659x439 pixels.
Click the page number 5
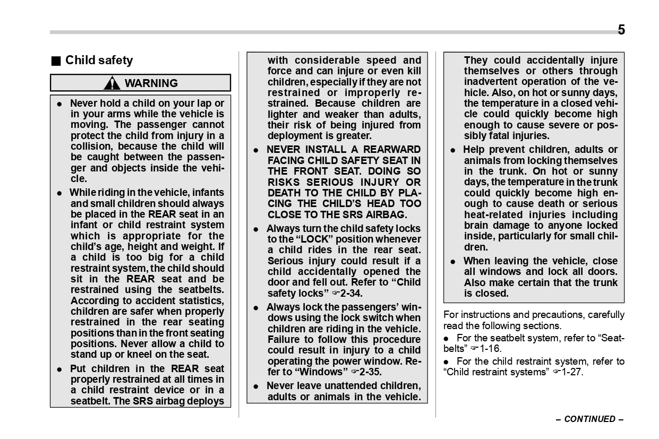[x=621, y=30]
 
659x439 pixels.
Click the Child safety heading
[x=99, y=61]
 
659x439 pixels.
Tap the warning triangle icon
[x=112, y=83]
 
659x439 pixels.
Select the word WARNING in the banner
[x=151, y=83]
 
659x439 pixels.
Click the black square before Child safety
[x=55, y=61]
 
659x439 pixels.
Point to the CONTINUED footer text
[x=589, y=419]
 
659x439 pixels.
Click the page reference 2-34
[x=351, y=293]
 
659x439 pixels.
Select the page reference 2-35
[x=370, y=372]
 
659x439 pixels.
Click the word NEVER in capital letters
[x=283, y=150]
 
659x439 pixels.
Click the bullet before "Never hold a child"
[x=60, y=104]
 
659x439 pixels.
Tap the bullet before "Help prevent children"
[x=453, y=150]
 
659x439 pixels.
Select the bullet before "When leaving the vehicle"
[x=453, y=261]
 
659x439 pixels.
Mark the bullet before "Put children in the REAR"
[x=60, y=369]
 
